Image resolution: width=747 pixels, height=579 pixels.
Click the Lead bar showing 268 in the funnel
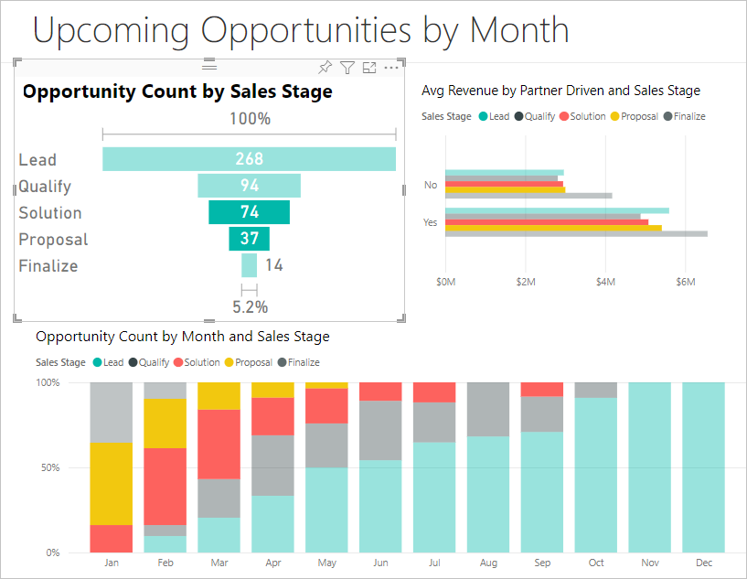249,159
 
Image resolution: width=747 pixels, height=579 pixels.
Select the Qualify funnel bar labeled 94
249,186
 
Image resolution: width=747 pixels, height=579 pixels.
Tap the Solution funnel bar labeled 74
249,212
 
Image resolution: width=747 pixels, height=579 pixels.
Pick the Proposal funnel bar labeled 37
249,239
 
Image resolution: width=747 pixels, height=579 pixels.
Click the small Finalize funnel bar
249,265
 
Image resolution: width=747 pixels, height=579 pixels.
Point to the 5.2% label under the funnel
250,306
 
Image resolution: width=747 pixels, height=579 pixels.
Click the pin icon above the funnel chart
325,67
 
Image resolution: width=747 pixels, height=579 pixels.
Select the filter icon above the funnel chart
347,67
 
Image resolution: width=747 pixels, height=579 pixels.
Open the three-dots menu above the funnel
391,67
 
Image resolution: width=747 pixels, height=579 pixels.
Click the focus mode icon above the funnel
369,67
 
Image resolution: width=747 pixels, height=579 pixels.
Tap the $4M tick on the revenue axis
605,282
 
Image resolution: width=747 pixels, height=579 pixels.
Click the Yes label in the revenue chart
430,222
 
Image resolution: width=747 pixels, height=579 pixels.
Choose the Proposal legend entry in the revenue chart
634,116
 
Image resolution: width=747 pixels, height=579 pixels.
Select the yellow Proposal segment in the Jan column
111,483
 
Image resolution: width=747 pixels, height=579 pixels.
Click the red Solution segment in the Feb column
165,486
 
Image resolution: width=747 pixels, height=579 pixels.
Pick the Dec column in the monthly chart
703,466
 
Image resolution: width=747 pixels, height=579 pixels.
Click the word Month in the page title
519,30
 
